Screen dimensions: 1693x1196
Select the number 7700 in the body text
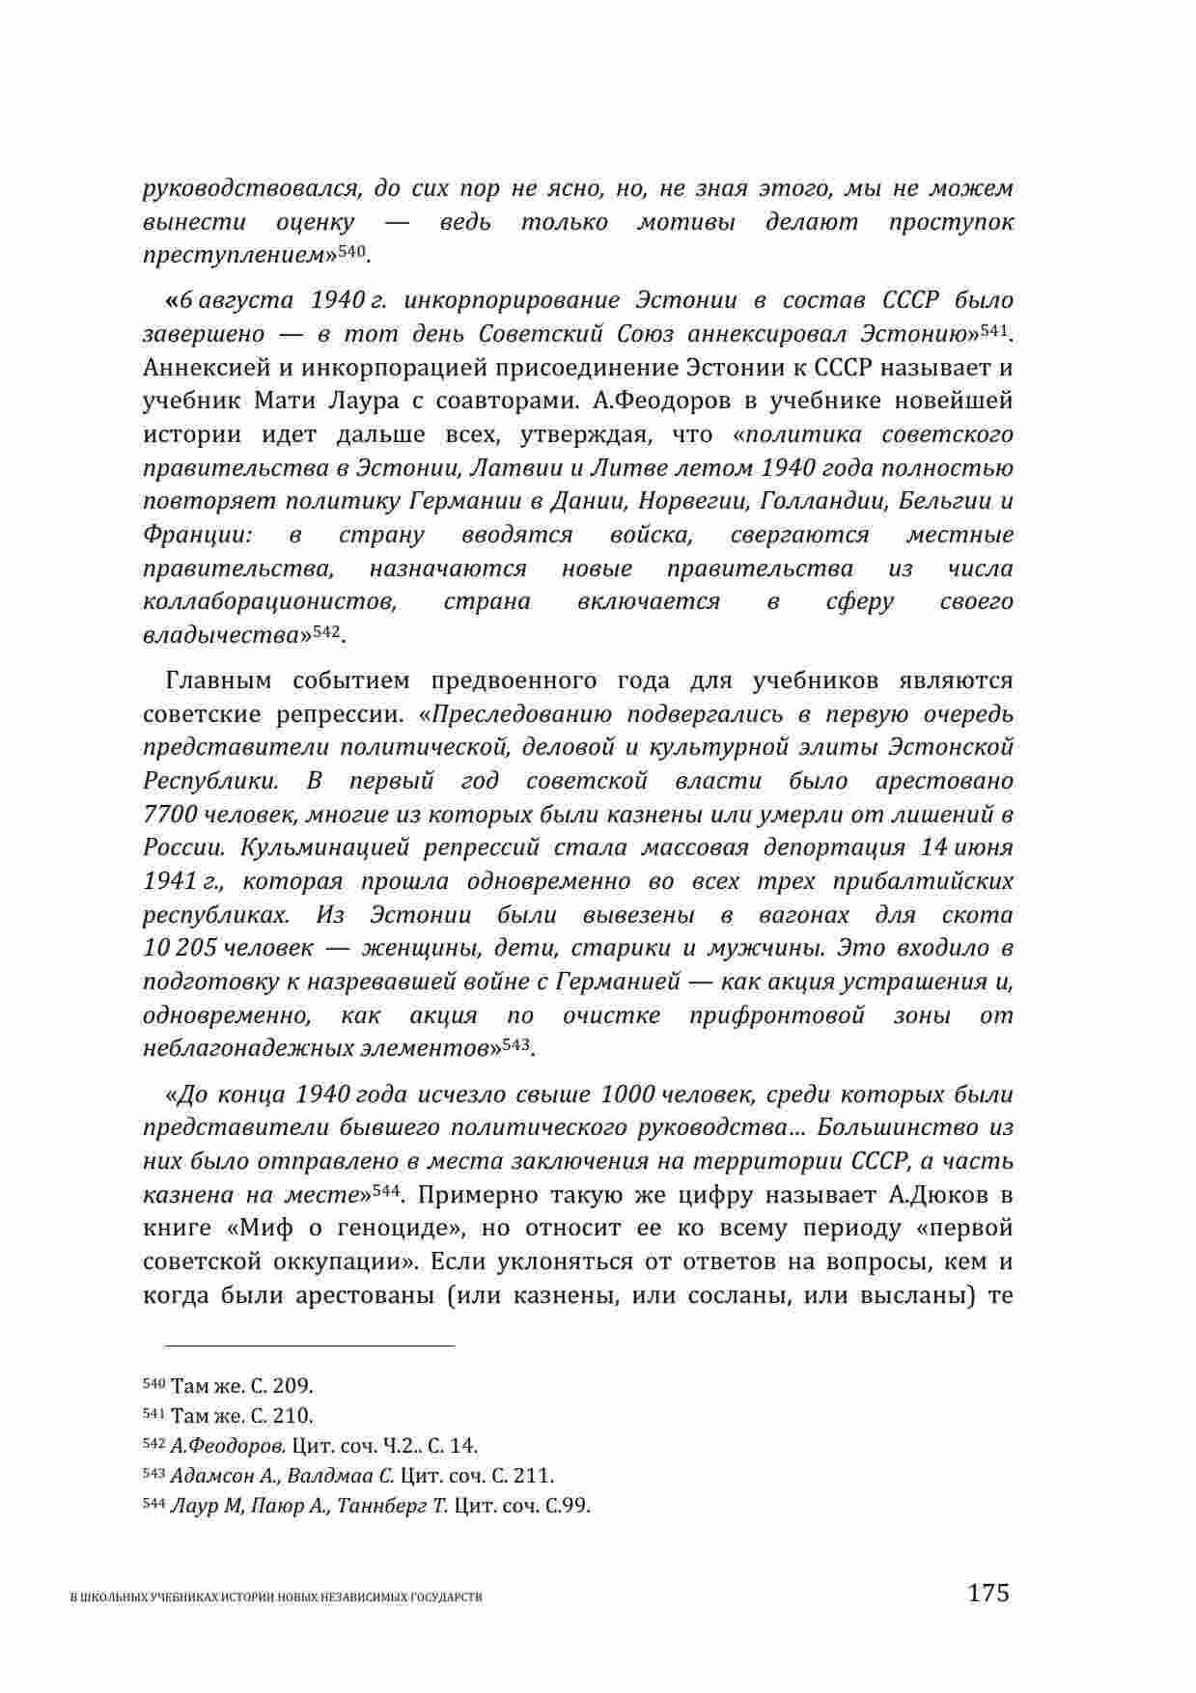pyautogui.click(x=170, y=814)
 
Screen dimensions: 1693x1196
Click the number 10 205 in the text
pyautogui.click(x=180, y=948)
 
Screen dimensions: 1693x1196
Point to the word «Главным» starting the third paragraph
pyautogui.click(x=214, y=680)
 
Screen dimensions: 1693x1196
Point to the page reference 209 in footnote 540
pyautogui.click(x=292, y=1386)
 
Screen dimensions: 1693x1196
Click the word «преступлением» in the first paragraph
pyautogui.click(x=233, y=256)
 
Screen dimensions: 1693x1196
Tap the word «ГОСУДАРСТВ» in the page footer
pyautogui.click(x=450, y=1597)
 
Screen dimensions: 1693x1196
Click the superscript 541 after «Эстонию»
pyautogui.click(x=993, y=331)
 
